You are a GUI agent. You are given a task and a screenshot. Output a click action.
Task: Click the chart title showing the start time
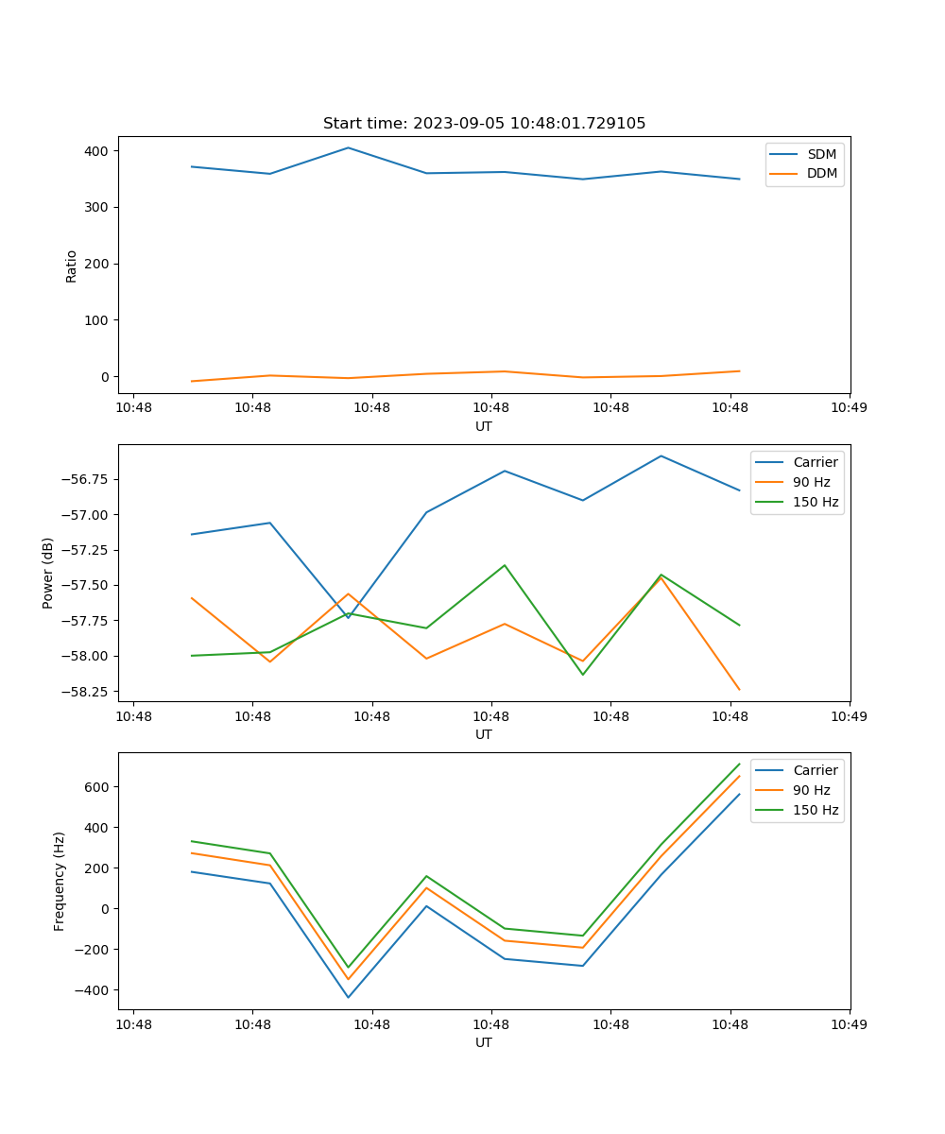pos(484,124)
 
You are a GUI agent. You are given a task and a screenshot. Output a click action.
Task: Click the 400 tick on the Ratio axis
pos(96,151)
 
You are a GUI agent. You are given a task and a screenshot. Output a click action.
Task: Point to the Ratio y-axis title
pos(72,266)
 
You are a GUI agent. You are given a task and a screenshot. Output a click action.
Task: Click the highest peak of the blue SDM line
pos(348,147)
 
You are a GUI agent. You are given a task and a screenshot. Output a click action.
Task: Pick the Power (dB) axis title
pos(48,573)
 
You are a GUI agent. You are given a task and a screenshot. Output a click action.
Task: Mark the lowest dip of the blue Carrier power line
pos(348,617)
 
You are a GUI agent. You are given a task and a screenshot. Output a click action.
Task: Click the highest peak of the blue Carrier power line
pos(661,455)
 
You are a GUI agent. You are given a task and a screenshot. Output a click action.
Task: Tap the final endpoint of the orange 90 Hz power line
pos(739,690)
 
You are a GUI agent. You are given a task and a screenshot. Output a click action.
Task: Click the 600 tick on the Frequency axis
pos(96,787)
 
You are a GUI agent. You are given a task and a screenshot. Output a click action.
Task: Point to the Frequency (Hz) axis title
pos(60,881)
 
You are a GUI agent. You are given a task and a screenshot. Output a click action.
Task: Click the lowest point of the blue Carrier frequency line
pos(348,997)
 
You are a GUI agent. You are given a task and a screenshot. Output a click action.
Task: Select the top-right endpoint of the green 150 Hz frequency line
pos(739,764)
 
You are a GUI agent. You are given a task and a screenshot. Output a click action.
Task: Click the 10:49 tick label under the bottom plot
pos(849,1022)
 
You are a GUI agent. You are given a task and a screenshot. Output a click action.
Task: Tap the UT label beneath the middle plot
pos(484,734)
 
